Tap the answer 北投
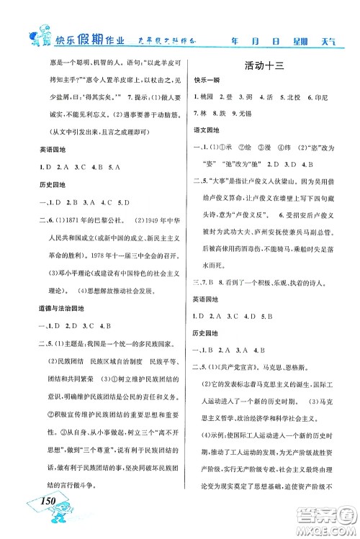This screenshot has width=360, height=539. [295, 98]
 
